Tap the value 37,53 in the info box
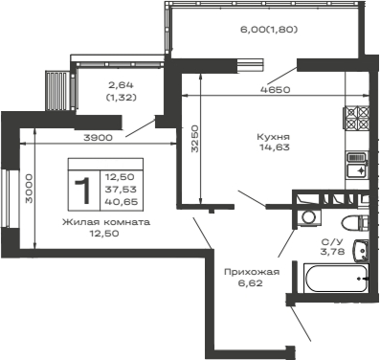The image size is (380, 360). pos(120,190)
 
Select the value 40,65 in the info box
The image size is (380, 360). pos(120,202)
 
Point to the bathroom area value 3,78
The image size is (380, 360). pos(331,252)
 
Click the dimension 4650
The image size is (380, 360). pos(274,89)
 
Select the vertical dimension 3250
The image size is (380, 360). pos(194,141)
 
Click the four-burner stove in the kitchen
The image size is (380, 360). pos(357,118)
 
